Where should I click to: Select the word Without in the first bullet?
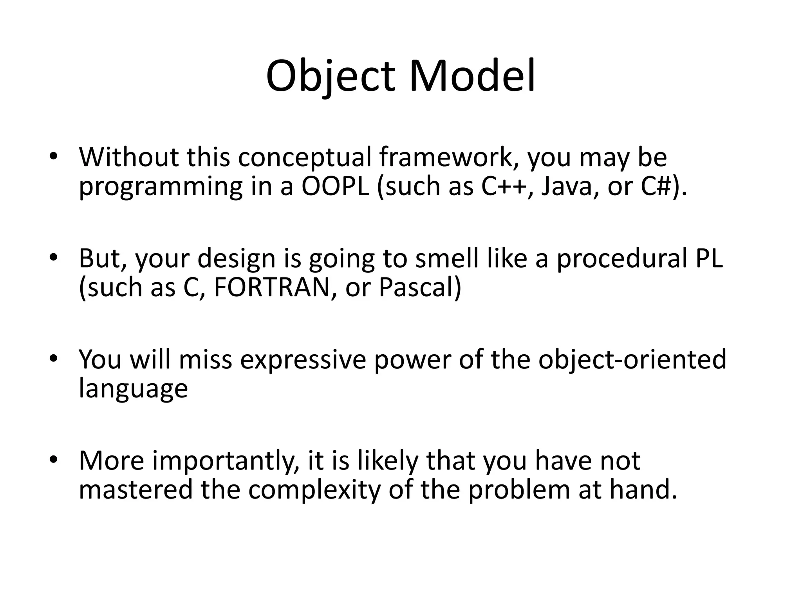point(128,157)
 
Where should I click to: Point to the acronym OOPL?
point(335,187)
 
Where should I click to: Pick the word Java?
point(569,187)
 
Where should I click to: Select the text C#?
point(655,187)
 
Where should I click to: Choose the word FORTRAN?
point(272,288)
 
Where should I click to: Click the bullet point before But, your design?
point(54,257)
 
